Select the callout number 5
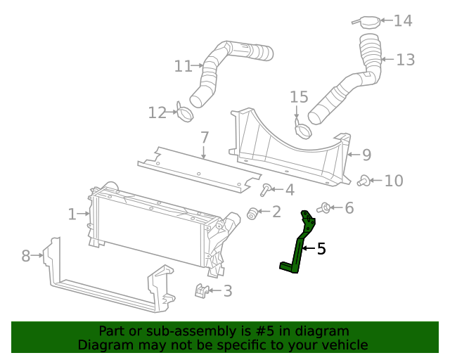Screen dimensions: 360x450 click(321, 248)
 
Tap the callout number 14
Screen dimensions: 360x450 click(402, 21)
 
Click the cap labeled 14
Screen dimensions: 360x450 click(369, 22)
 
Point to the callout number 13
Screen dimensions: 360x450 click(405, 60)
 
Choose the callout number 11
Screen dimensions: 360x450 click(183, 66)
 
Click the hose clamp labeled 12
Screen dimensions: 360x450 click(185, 112)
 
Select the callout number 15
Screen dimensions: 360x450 click(299, 96)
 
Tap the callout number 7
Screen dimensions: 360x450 click(204, 136)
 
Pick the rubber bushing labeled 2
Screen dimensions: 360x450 click(252, 212)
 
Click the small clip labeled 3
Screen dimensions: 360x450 click(200, 290)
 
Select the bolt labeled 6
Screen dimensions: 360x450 click(326, 207)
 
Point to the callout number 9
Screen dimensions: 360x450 click(366, 155)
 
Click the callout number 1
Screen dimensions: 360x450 click(72, 214)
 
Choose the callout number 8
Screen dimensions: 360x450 click(26, 256)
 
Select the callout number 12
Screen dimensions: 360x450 click(157, 112)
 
